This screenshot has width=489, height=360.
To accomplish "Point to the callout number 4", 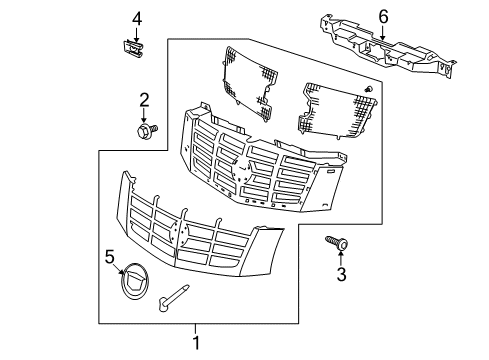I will click(137, 16).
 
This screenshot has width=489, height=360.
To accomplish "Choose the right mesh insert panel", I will click(338, 108).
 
